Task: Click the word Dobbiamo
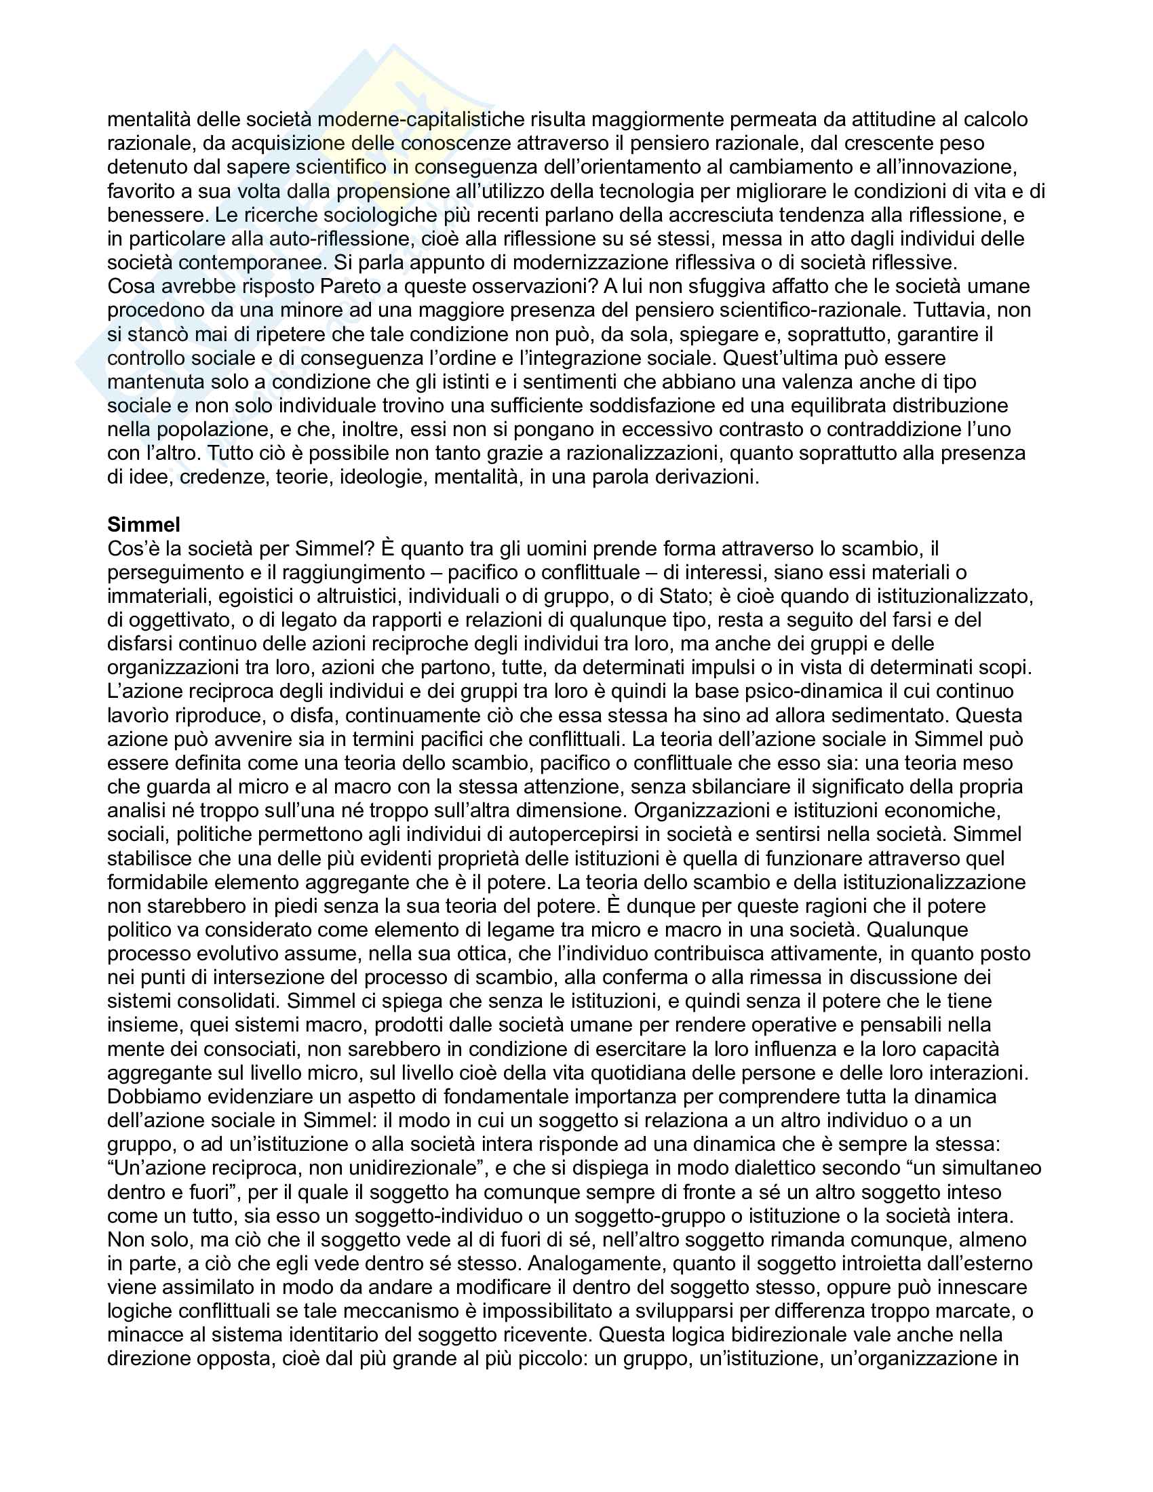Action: (155, 1096)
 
